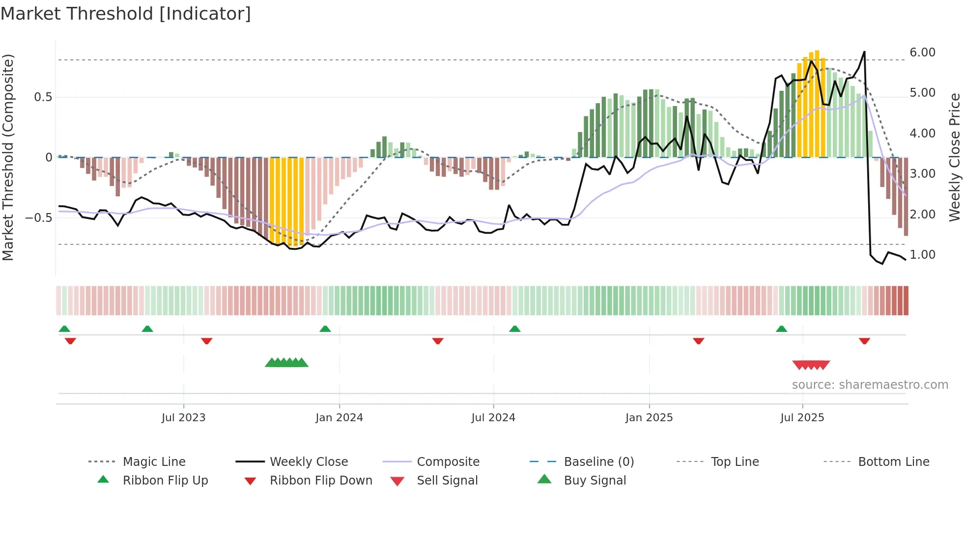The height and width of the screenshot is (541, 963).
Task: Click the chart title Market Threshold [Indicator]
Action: [x=126, y=14]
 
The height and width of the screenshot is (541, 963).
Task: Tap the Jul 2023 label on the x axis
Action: [x=183, y=418]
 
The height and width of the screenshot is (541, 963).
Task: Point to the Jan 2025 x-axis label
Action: [x=649, y=418]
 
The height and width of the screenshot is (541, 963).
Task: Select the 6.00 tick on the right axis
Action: [x=922, y=53]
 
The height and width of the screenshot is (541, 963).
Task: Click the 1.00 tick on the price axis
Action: [x=922, y=255]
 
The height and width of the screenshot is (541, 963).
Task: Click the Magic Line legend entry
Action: [x=154, y=462]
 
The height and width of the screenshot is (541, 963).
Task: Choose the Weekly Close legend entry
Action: [x=309, y=462]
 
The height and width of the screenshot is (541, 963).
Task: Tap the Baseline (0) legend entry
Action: [x=598, y=462]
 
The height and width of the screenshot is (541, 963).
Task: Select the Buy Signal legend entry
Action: [x=595, y=481]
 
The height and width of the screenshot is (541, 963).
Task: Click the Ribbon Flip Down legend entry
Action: [x=320, y=481]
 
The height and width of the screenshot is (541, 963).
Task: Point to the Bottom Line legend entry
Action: [x=893, y=462]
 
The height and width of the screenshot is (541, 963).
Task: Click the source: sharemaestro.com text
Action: [x=870, y=385]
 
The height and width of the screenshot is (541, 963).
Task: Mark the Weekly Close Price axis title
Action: [x=954, y=157]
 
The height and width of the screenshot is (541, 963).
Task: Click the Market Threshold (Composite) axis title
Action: [x=8, y=157]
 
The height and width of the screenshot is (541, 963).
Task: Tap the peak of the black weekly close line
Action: [x=864, y=52]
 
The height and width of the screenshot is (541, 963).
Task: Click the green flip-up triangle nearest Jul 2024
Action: [x=514, y=329]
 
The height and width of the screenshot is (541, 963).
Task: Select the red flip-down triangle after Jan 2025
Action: [x=698, y=341]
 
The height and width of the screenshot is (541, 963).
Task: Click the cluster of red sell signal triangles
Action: [x=811, y=365]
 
